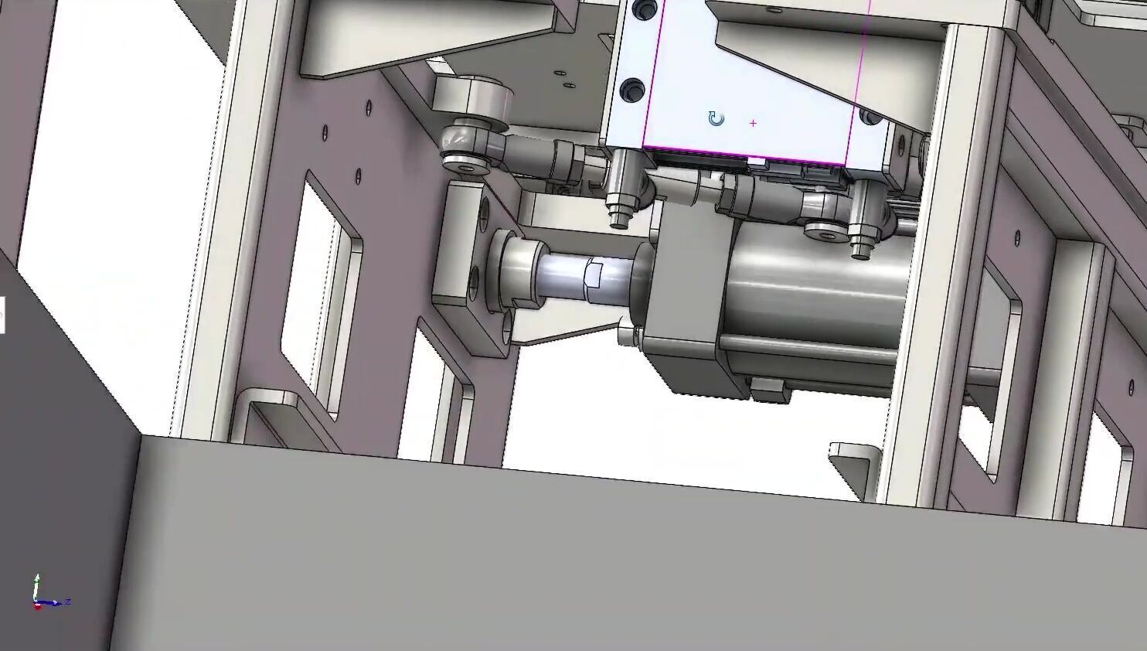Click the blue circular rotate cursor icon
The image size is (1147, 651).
click(x=716, y=119)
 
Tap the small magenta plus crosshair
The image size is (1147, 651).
click(x=753, y=123)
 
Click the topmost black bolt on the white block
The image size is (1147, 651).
click(x=641, y=10)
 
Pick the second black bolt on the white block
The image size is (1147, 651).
click(x=633, y=90)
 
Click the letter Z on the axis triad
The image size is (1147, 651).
click(x=69, y=601)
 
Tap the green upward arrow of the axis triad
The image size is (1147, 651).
click(x=36, y=584)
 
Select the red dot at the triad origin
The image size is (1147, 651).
click(x=37, y=606)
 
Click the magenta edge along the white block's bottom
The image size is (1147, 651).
click(x=742, y=157)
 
